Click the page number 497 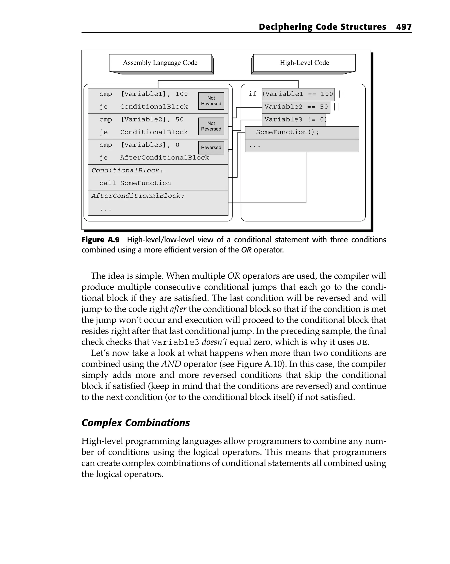click(403, 27)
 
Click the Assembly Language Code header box click(160, 63)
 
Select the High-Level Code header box click(304, 63)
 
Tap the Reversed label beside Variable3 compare click(211, 148)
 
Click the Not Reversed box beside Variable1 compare click(211, 101)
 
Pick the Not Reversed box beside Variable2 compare click(211, 126)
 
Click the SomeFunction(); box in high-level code click(301, 132)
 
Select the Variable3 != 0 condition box click(294, 120)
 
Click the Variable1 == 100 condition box click(298, 94)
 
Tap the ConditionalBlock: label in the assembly click(127, 170)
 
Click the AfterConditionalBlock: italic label click(138, 196)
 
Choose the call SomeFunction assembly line click(135, 183)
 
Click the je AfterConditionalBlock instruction click(154, 158)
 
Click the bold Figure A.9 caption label click(100, 240)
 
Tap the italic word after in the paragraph click(178, 309)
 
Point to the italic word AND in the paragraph click(171, 364)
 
